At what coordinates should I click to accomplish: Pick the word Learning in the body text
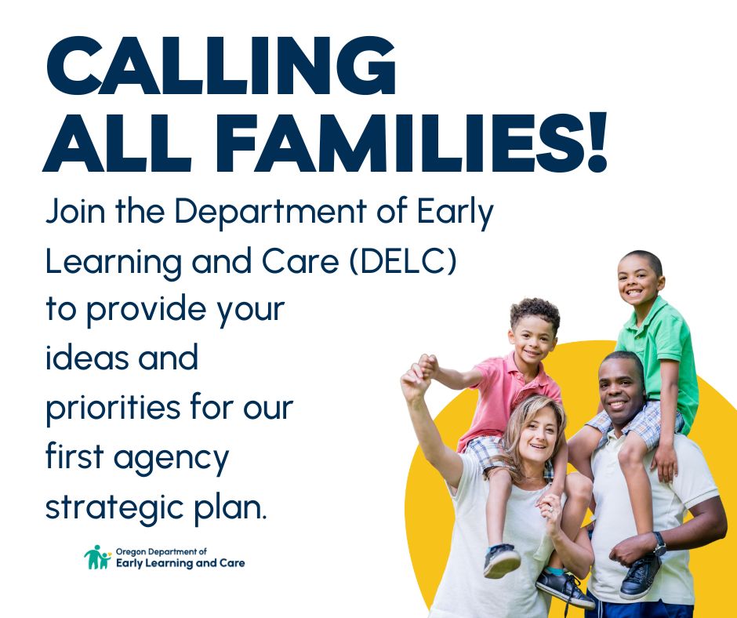click(116, 263)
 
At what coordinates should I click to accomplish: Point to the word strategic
click(101, 507)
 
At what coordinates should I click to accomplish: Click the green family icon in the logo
click(97, 558)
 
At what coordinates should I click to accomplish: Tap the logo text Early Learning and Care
click(180, 563)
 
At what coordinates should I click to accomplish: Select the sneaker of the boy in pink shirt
click(501, 560)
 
